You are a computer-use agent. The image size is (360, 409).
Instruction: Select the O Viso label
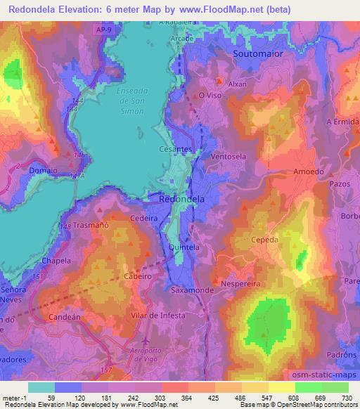[210, 95]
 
